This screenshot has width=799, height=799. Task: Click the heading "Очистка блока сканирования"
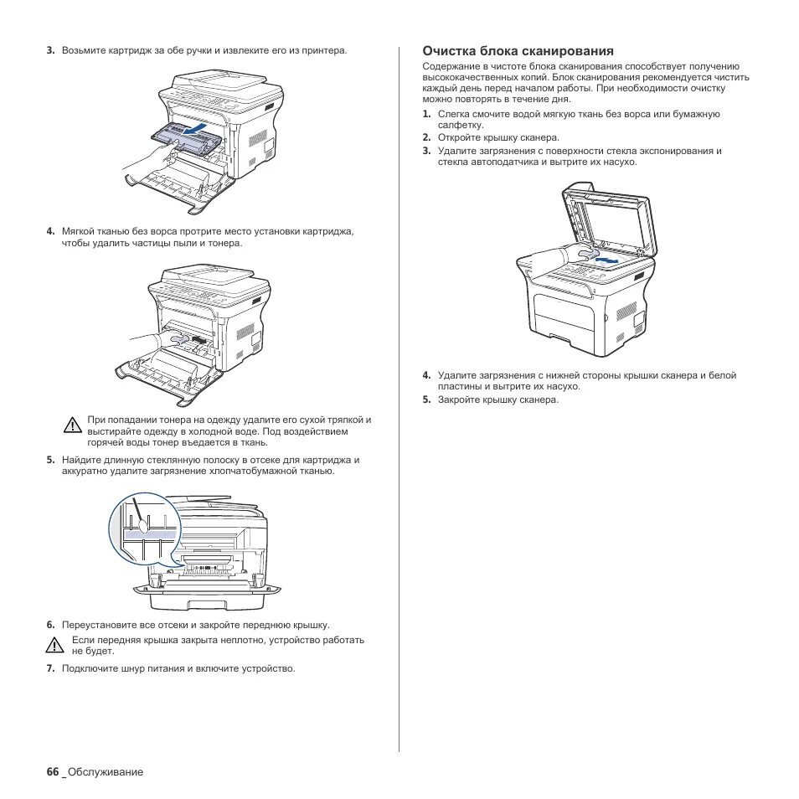[x=518, y=51]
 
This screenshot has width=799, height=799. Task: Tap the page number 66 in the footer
[x=52, y=771]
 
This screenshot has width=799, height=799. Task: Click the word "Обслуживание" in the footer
[x=106, y=771]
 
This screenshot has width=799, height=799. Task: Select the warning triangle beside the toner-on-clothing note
[x=73, y=424]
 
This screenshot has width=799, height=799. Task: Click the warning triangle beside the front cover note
[x=55, y=645]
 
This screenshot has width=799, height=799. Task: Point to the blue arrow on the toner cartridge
[x=196, y=131]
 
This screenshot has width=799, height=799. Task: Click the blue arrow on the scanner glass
[x=608, y=260]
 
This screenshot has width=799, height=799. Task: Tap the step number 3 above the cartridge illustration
[x=50, y=50]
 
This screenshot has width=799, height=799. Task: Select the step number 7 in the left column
[x=50, y=668]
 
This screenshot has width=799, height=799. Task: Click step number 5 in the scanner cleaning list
[x=426, y=399]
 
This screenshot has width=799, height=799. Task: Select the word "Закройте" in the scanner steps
[x=458, y=399]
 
